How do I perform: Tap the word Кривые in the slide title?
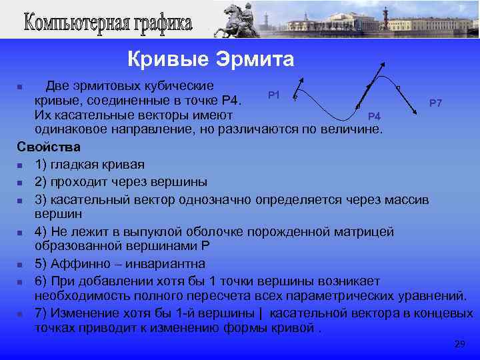(169, 60)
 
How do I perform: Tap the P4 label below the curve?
(374, 117)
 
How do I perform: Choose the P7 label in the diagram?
(436, 103)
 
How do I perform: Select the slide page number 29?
(459, 344)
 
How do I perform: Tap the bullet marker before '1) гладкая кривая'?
(21, 165)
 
